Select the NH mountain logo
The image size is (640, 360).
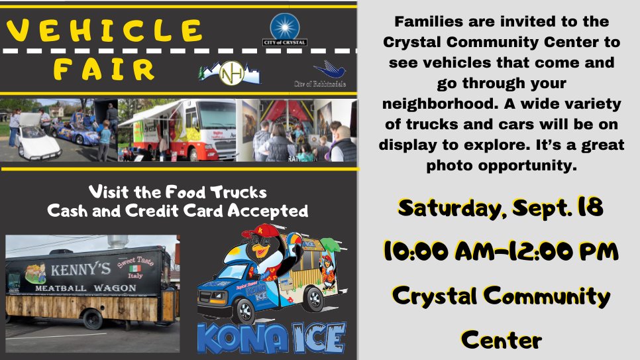coord(231,74)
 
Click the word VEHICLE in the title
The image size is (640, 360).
coord(105,30)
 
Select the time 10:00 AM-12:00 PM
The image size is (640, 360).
coord(501,252)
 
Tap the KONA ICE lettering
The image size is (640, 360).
coord(272,338)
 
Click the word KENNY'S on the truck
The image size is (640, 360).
coord(81,271)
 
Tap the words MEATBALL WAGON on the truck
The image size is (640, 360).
coord(86,289)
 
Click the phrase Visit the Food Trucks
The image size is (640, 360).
coord(178,192)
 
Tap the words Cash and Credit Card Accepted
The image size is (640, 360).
coord(178,211)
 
